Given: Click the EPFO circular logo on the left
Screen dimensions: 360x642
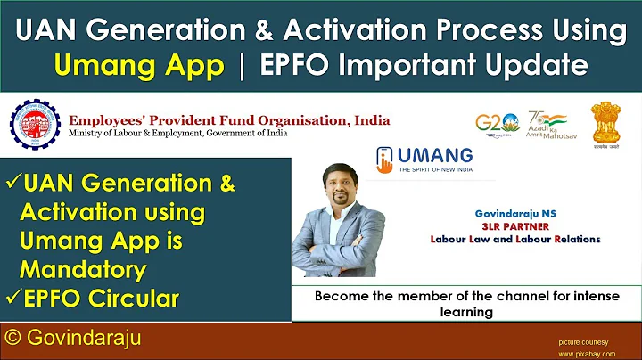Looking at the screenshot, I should (37, 125).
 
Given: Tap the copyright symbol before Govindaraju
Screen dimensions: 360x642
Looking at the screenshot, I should (13, 339).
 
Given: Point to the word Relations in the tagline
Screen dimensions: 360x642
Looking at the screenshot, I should (572, 239).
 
